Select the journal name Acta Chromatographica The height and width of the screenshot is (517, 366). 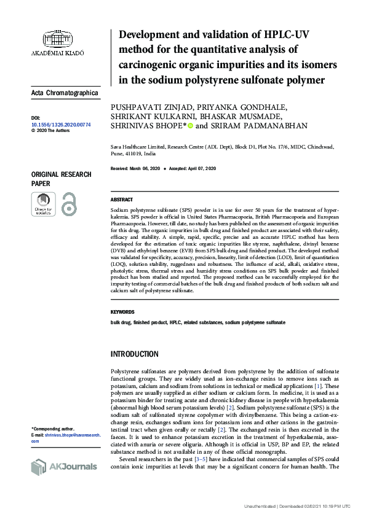tap(64, 93)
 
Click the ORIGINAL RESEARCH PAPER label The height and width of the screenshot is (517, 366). tap(61, 179)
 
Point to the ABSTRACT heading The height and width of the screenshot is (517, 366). tap(121, 200)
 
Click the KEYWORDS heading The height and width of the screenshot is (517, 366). tap(122, 312)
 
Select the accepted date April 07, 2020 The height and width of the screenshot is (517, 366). tap(199, 168)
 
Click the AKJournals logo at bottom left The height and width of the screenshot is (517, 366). tap(64, 466)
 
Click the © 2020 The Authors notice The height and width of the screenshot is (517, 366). tap(50, 131)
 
